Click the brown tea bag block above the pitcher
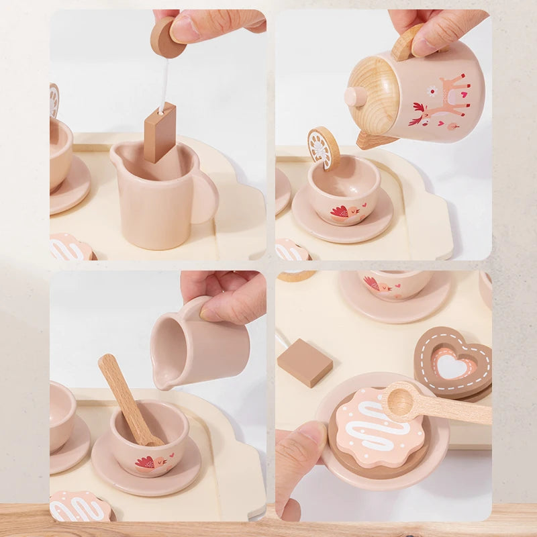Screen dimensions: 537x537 coord(160,132)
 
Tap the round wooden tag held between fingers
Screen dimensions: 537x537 coord(166,38)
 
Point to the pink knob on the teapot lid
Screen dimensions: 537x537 coord(354,96)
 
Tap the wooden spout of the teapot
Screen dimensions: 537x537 coord(374,140)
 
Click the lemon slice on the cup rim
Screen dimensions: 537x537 coord(324,148)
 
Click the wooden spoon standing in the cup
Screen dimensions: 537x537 coord(128,399)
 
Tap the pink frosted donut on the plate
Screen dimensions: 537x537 coord(379,428)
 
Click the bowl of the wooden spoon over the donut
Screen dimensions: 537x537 coord(401,401)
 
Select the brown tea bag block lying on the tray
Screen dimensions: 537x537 coord(305,362)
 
